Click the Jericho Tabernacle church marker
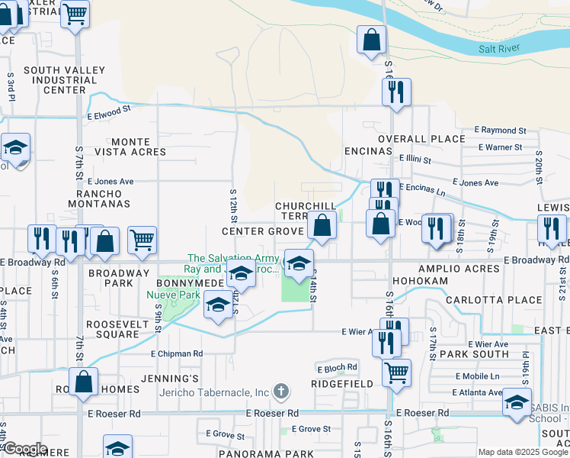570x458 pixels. [281, 392]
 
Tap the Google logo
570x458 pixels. [24, 449]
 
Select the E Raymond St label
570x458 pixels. [500, 131]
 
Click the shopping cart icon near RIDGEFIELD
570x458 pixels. [396, 373]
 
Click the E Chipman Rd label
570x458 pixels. [177, 353]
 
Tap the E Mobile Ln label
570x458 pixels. [478, 376]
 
